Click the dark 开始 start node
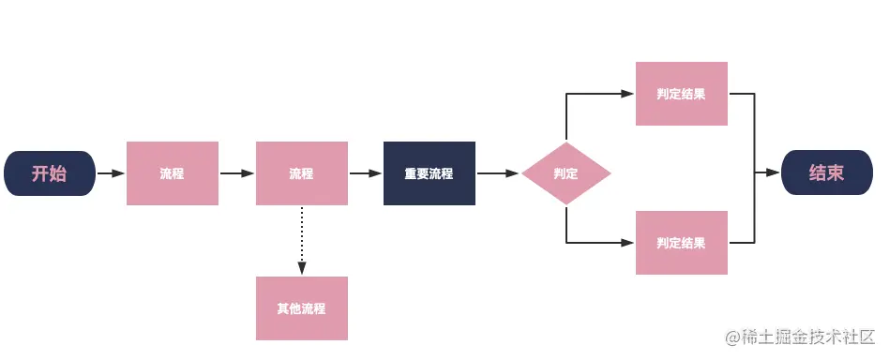[x=50, y=173]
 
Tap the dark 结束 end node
[x=826, y=173]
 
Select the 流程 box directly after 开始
[x=173, y=173]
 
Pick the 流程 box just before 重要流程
[x=302, y=173]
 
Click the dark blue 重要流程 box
[x=429, y=173]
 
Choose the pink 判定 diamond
[x=565, y=173]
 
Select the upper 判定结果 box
[x=682, y=94]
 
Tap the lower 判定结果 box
[x=682, y=243]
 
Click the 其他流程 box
[x=302, y=308]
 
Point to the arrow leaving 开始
[x=111, y=173]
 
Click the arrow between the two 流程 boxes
[x=237, y=173]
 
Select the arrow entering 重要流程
[x=366, y=173]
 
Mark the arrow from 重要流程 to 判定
[x=498, y=173]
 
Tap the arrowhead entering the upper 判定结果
[x=628, y=94]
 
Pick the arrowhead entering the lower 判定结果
[x=628, y=243]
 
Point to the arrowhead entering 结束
[x=774, y=173]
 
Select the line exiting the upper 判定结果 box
[x=743, y=94]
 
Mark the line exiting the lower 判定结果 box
[x=743, y=243]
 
